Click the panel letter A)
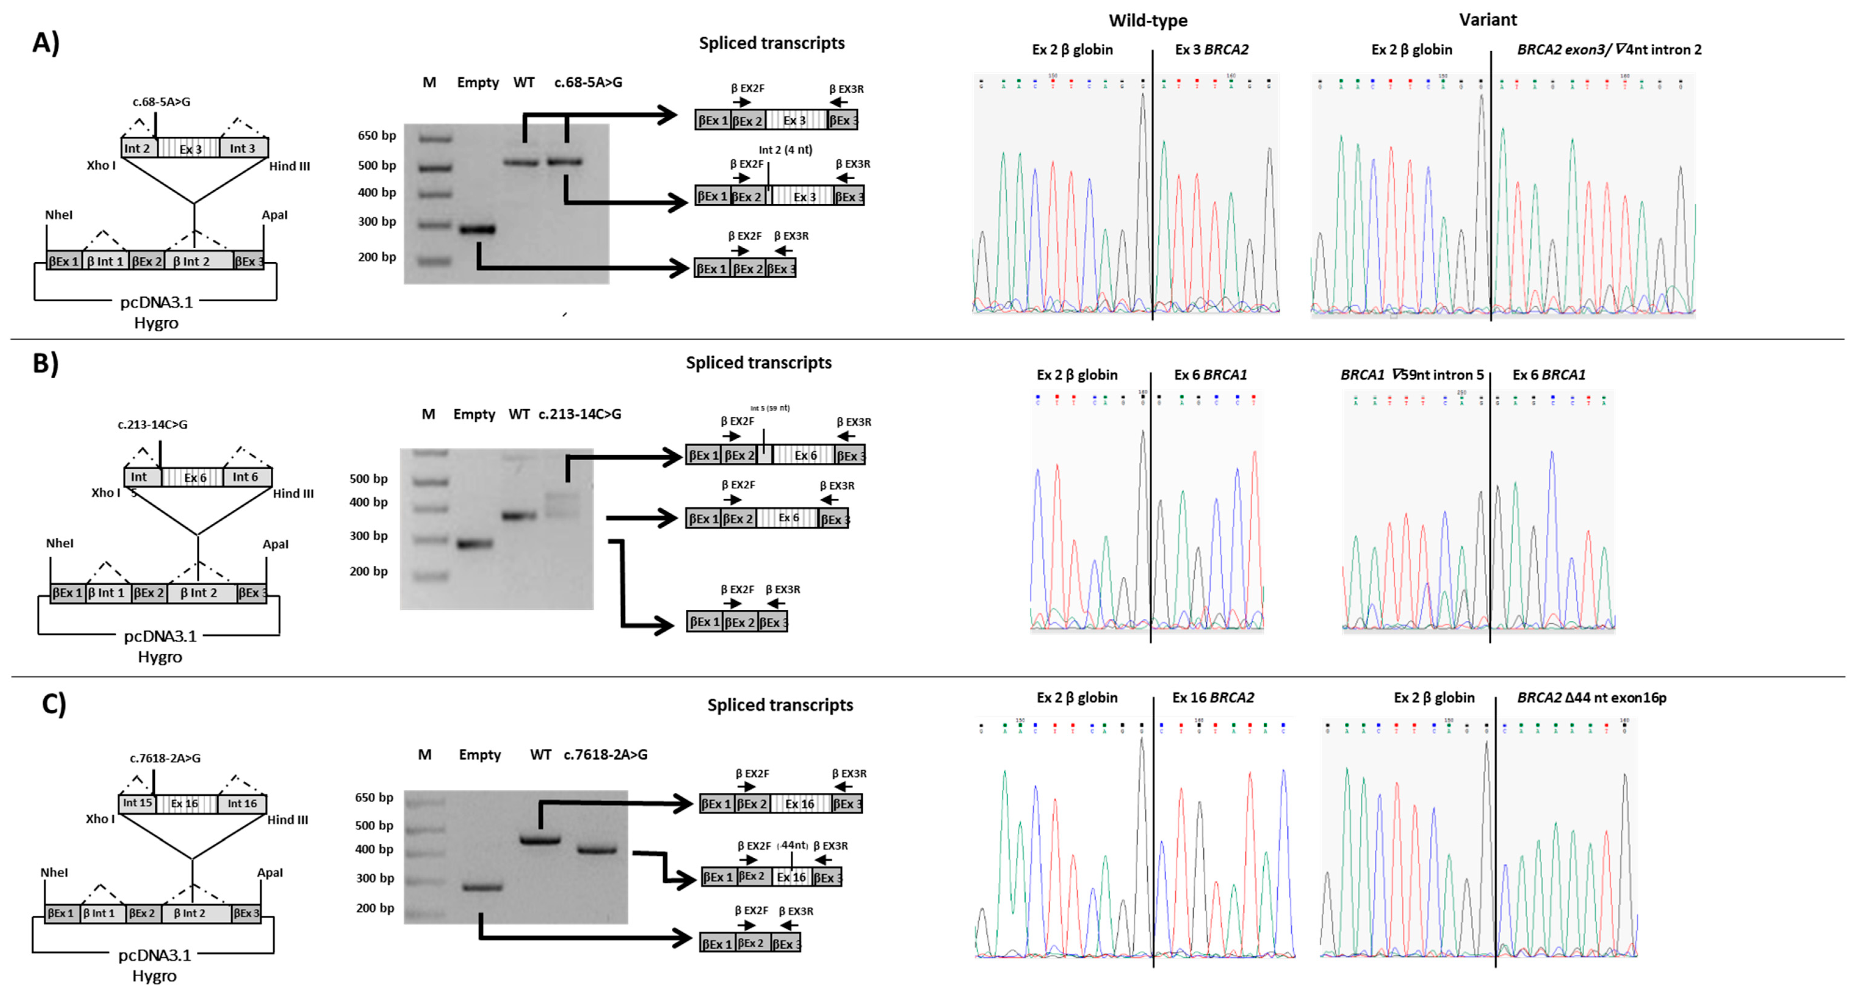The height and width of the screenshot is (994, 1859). (45, 43)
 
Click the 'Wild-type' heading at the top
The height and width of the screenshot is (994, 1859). (1147, 20)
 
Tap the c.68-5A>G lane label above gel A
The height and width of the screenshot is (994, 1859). (588, 82)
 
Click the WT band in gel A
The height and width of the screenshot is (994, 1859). (521, 162)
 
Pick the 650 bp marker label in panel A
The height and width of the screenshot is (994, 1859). (377, 136)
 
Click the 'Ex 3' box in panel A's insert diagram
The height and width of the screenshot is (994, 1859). (190, 149)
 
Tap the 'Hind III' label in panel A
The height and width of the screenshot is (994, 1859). (289, 166)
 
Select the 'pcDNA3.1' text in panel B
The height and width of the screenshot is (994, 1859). (160, 636)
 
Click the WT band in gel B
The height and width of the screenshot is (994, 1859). (519, 516)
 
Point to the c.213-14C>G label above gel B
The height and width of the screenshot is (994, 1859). (579, 414)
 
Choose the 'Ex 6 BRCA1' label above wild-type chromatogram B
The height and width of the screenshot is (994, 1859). (1210, 374)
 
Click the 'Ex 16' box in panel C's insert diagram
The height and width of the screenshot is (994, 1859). (185, 804)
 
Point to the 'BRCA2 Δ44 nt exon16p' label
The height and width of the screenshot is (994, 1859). (1591, 698)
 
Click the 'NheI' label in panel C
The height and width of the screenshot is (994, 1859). (54, 872)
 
